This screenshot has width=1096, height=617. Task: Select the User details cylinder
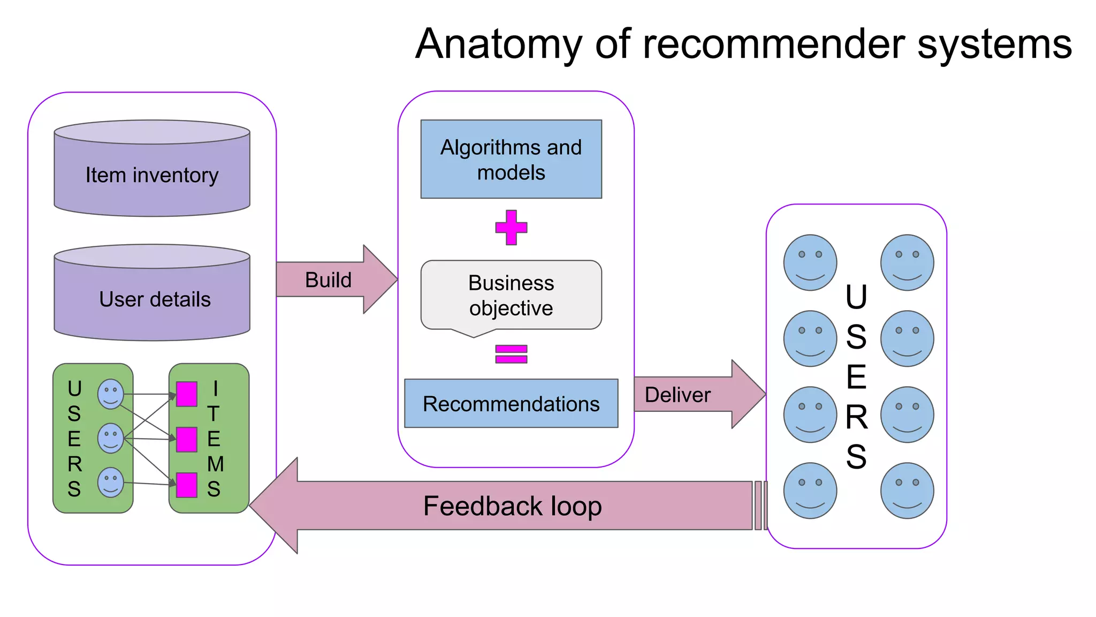pyautogui.click(x=152, y=298)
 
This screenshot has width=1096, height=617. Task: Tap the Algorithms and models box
pyautogui.click(x=511, y=159)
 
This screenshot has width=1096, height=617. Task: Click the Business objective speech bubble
pyautogui.click(x=511, y=295)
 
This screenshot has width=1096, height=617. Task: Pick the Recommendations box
pyautogui.click(x=511, y=403)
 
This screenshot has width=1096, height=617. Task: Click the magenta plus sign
pyautogui.click(x=511, y=228)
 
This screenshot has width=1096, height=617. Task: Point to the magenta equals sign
pyautogui.click(x=511, y=354)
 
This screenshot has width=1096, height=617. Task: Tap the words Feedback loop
pyautogui.click(x=512, y=506)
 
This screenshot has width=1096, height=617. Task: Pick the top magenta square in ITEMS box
pyautogui.click(x=187, y=394)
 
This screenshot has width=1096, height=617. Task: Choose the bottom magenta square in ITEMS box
pyautogui.click(x=187, y=485)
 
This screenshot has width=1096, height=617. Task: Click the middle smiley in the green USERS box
pyautogui.click(x=111, y=438)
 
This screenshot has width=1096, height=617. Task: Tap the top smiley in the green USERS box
pyautogui.click(x=111, y=394)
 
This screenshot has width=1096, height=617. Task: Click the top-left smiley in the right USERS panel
pyautogui.click(x=810, y=262)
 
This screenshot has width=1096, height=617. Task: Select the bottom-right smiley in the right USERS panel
pyautogui.click(x=907, y=491)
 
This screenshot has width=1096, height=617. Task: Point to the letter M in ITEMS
pyautogui.click(x=215, y=464)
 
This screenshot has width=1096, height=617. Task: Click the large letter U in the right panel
pyautogui.click(x=856, y=297)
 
